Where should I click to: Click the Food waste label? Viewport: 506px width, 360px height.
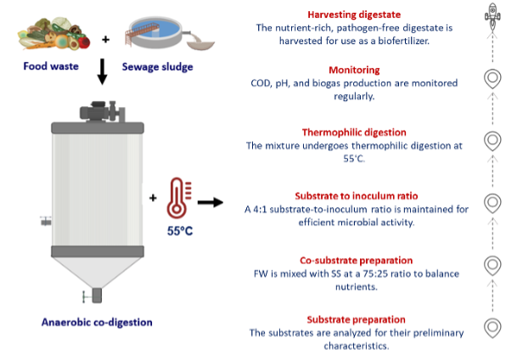[51, 66]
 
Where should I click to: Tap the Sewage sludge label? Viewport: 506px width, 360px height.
[157, 67]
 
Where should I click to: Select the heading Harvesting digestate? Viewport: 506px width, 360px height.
[354, 14]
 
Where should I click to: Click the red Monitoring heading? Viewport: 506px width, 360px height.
[354, 70]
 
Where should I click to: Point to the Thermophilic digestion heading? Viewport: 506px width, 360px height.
[354, 132]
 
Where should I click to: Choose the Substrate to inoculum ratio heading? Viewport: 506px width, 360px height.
[357, 196]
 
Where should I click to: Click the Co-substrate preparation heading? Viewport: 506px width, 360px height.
[356, 260]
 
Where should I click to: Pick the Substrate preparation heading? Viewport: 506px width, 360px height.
[356, 319]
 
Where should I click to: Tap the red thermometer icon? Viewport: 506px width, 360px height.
[179, 198]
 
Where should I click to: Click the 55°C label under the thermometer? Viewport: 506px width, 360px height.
[180, 231]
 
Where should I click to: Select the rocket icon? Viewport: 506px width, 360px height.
[492, 16]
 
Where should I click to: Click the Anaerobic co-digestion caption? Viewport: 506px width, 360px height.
[97, 323]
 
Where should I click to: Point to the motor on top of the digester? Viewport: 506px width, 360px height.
[102, 111]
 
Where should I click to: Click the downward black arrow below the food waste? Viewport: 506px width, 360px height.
[102, 71]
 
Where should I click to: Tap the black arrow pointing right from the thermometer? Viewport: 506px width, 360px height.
[211, 202]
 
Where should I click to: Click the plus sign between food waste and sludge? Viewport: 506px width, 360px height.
[105, 39]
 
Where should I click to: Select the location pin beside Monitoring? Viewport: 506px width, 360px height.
[492, 79]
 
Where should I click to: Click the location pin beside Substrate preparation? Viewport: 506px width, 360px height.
[492, 328]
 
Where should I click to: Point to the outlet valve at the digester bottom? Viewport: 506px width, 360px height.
[93, 295]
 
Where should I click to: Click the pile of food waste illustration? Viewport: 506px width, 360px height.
[53, 34]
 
